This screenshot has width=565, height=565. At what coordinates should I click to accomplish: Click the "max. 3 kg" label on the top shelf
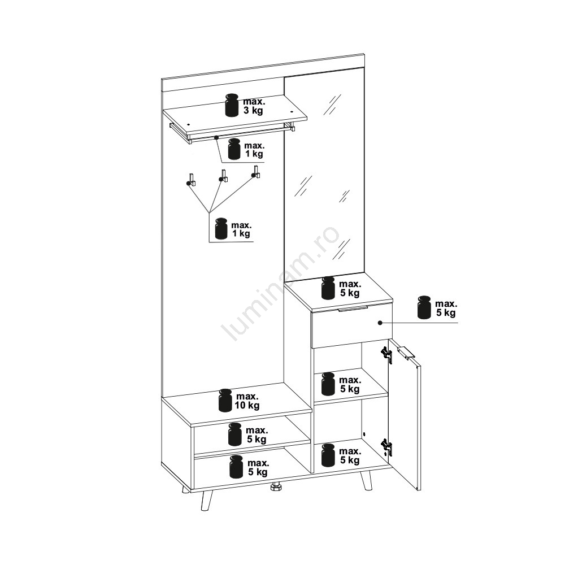click(x=254, y=106)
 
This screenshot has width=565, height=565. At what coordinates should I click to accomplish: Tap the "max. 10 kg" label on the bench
click(x=247, y=401)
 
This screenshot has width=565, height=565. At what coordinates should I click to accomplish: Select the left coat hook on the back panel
click(x=191, y=180)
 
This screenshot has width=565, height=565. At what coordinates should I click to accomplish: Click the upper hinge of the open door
click(x=387, y=354)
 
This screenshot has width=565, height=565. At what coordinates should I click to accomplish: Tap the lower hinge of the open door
click(x=386, y=447)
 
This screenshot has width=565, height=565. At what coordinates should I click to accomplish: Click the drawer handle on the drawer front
click(x=353, y=308)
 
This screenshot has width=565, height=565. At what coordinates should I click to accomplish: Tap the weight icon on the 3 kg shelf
click(x=232, y=105)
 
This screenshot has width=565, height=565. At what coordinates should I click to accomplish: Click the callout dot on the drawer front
click(x=380, y=323)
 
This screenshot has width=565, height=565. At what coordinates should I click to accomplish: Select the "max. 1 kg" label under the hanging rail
click(x=254, y=150)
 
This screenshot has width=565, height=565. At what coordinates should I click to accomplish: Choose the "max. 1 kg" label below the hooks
click(x=241, y=229)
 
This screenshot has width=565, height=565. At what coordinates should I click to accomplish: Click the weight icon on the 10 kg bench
click(x=225, y=400)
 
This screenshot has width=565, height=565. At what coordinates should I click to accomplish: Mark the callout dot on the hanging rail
click(x=216, y=137)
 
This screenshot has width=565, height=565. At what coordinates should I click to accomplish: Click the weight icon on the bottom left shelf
click(x=236, y=466)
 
